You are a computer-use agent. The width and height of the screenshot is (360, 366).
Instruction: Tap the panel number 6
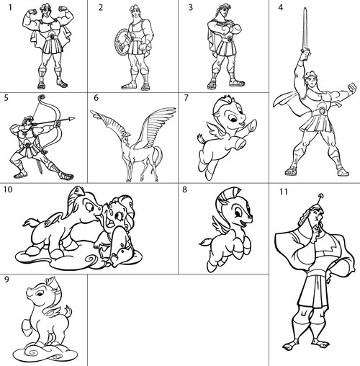[94, 97]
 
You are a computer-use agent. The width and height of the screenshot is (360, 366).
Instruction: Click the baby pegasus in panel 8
[225, 227]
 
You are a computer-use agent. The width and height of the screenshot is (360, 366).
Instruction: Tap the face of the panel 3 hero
[223, 14]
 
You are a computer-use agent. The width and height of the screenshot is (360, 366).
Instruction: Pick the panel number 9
[6, 280]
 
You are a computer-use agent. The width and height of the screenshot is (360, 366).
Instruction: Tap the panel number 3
[191, 8]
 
